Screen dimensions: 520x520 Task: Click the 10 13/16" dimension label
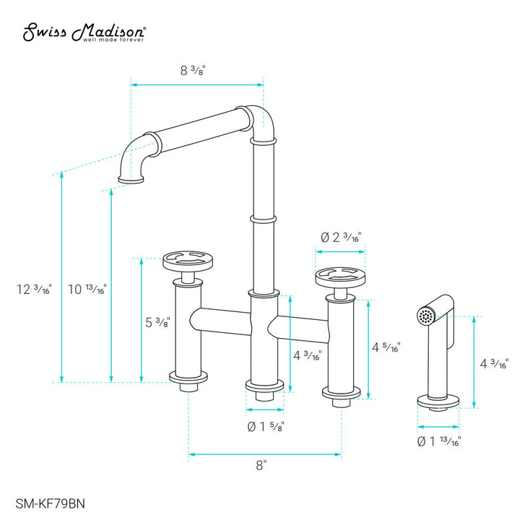click(x=87, y=290)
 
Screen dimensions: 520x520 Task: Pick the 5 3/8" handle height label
click(x=157, y=322)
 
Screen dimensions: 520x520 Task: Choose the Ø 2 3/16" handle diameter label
click(x=341, y=237)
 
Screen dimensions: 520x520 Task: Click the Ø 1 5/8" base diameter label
click(x=264, y=426)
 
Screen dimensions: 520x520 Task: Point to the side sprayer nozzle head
click(x=427, y=316)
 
